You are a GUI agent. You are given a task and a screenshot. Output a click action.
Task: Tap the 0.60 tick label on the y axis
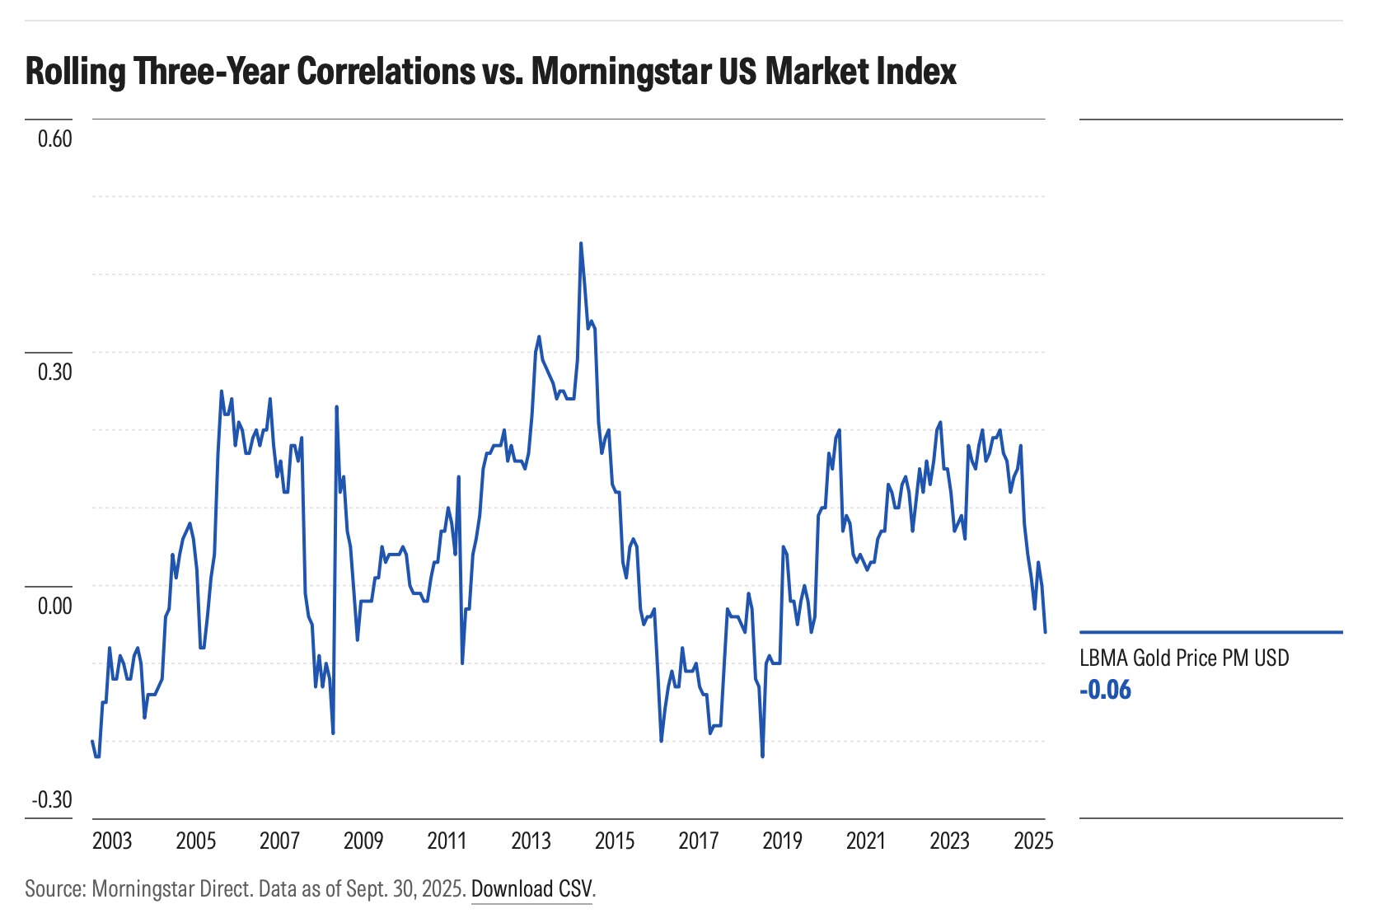(x=55, y=138)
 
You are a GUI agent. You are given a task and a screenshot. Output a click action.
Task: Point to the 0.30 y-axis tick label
(x=55, y=372)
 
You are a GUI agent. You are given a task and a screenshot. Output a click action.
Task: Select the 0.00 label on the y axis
(x=55, y=606)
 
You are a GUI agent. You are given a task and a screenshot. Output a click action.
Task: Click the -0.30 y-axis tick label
(x=52, y=800)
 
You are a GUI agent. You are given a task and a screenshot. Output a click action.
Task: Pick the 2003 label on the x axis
(x=112, y=841)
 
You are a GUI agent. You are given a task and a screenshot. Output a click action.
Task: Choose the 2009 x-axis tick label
(x=363, y=841)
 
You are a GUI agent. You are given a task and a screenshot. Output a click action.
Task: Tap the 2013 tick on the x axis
(x=531, y=841)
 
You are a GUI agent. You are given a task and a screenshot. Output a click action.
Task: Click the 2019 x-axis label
(x=782, y=841)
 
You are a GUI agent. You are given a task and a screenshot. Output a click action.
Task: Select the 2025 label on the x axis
(x=1033, y=841)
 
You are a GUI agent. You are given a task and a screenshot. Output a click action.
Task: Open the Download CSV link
(x=531, y=889)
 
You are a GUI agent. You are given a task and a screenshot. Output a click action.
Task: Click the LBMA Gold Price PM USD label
(x=1184, y=658)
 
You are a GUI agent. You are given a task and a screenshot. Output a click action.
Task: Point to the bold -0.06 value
(x=1105, y=690)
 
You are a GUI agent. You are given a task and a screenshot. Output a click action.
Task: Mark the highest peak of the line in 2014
(x=581, y=243)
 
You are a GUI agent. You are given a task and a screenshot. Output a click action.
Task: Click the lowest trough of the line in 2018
(x=762, y=756)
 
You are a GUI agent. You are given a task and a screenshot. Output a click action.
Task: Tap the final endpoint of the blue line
(x=1045, y=632)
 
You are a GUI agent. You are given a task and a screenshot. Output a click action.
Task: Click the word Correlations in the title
(x=386, y=72)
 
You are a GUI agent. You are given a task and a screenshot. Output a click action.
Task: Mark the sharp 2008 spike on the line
(x=336, y=406)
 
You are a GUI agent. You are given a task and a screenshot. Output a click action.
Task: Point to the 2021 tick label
(x=866, y=841)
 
